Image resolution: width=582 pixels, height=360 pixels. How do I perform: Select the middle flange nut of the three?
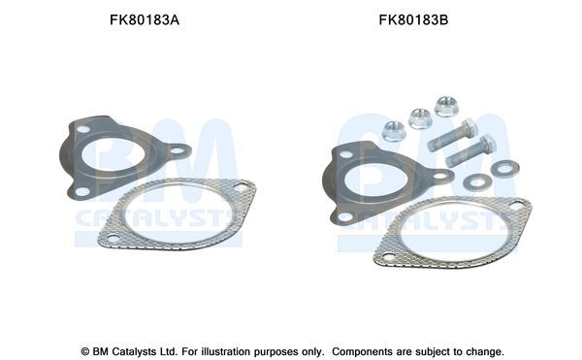(x=420, y=118)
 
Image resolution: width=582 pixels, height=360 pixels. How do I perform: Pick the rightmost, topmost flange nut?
(x=446, y=105)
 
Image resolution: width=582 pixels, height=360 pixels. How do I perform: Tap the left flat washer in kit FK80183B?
(x=475, y=181)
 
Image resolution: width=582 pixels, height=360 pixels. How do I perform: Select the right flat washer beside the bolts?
(x=502, y=169)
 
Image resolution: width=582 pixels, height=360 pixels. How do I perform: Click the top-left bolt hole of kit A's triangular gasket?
(x=84, y=129)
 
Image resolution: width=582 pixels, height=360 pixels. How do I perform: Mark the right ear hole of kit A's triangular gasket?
(x=177, y=150)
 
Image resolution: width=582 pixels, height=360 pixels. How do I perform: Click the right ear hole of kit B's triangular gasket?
(x=438, y=177)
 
